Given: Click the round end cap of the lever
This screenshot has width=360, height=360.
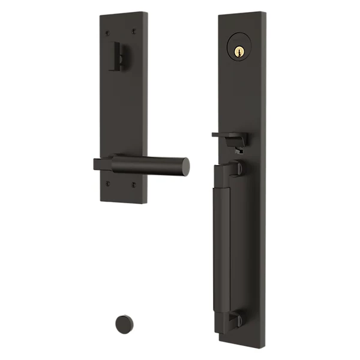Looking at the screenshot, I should (185, 167).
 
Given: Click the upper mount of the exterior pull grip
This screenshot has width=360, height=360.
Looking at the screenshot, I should (236, 172).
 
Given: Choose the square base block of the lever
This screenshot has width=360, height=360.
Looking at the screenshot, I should (103, 164).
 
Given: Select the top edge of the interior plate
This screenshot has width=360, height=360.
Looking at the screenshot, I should (124, 13).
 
